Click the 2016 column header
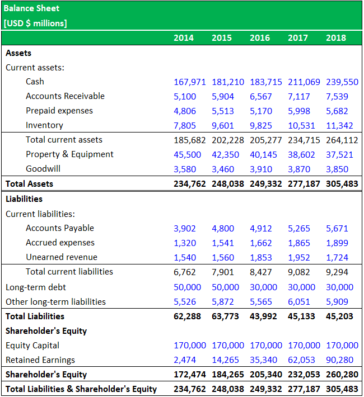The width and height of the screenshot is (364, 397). click(x=260, y=38)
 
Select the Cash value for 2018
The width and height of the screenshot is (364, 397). click(x=342, y=82)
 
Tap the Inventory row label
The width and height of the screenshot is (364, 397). click(x=44, y=125)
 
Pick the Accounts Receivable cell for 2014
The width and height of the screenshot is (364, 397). click(x=185, y=96)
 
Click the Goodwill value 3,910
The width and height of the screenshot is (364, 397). click(x=261, y=169)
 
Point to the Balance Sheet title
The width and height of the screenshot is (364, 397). click(x=31, y=9)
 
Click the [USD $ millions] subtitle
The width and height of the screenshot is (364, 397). click(x=35, y=23)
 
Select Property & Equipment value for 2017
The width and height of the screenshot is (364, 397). click(x=301, y=154)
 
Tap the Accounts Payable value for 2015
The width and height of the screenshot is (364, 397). click(x=223, y=228)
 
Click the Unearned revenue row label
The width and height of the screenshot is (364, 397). click(x=62, y=257)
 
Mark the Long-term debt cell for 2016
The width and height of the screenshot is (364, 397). click(x=263, y=287)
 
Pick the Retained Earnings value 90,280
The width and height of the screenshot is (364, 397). click(x=339, y=360)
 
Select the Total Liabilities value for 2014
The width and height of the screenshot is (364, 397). click(x=187, y=316)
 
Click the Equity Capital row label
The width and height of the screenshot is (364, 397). click(x=32, y=346)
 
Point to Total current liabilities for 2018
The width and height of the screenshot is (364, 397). click(x=337, y=272)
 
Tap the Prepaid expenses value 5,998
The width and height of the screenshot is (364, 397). click(x=299, y=111)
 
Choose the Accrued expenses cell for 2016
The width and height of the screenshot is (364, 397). click(x=261, y=243)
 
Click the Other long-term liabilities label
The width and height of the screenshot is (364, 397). click(x=55, y=302)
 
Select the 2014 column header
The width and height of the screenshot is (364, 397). click(x=184, y=38)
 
